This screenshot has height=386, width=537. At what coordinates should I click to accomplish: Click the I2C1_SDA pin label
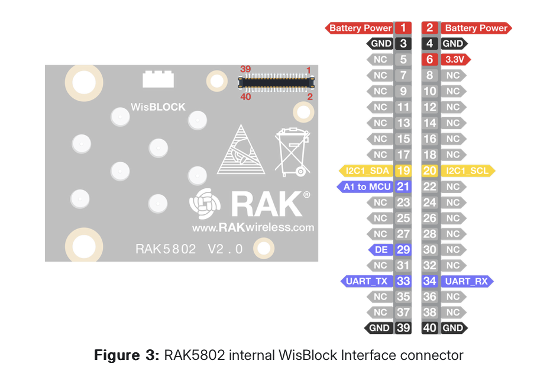[x=367, y=171]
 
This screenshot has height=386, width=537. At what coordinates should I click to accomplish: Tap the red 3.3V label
[x=455, y=60]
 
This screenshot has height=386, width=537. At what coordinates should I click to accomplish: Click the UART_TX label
[x=367, y=281]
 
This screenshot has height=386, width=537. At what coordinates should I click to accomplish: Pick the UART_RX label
[x=467, y=281]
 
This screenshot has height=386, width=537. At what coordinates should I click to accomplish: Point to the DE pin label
[x=381, y=250]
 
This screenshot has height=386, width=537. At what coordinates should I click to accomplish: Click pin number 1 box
[x=403, y=28]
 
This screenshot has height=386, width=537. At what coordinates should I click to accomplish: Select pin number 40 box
[x=430, y=328]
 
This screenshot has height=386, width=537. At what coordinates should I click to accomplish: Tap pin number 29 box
[x=403, y=250]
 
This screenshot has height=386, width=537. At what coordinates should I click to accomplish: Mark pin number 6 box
[x=430, y=60]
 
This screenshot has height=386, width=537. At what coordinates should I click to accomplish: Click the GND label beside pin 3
[x=380, y=43]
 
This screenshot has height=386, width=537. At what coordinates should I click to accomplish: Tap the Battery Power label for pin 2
[x=475, y=28]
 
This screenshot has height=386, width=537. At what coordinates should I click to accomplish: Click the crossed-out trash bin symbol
[x=292, y=152]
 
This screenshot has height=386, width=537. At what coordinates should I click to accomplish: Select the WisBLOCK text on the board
[x=158, y=107]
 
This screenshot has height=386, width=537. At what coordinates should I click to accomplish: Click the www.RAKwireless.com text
[x=253, y=227]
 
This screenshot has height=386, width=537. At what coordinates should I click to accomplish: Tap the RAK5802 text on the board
[x=166, y=249]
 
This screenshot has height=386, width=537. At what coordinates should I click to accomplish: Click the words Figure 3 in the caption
[x=126, y=356]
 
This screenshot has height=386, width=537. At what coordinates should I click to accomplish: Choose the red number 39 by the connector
[x=245, y=69]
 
